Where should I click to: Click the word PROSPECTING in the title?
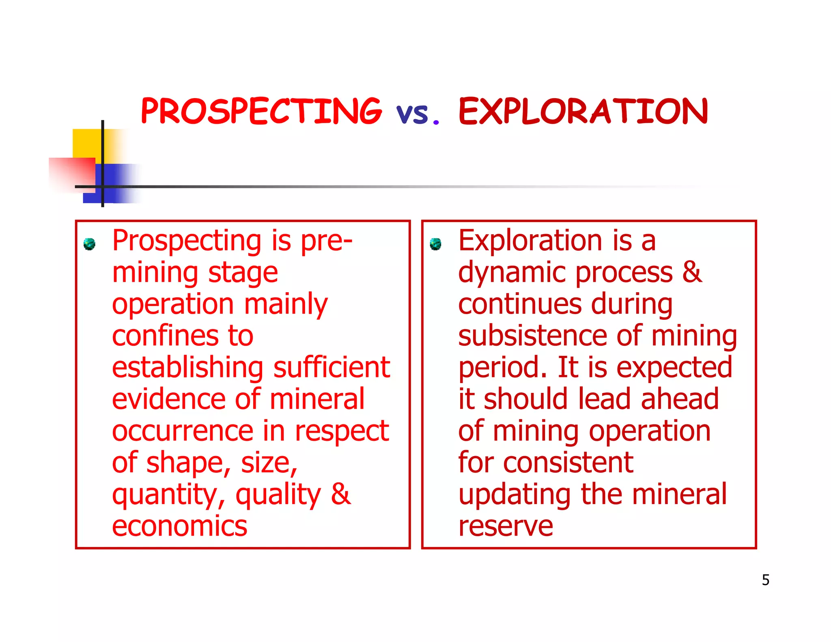point(261,111)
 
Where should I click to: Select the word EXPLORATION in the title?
point(583,111)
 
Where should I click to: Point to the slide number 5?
point(765,580)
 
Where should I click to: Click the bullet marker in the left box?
point(89,244)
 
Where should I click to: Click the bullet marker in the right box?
point(435,244)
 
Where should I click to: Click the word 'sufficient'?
point(332,367)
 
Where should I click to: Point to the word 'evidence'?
point(169,399)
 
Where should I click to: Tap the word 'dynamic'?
point(512,272)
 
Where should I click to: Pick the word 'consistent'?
point(568,463)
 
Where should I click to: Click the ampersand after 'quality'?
point(341,494)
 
